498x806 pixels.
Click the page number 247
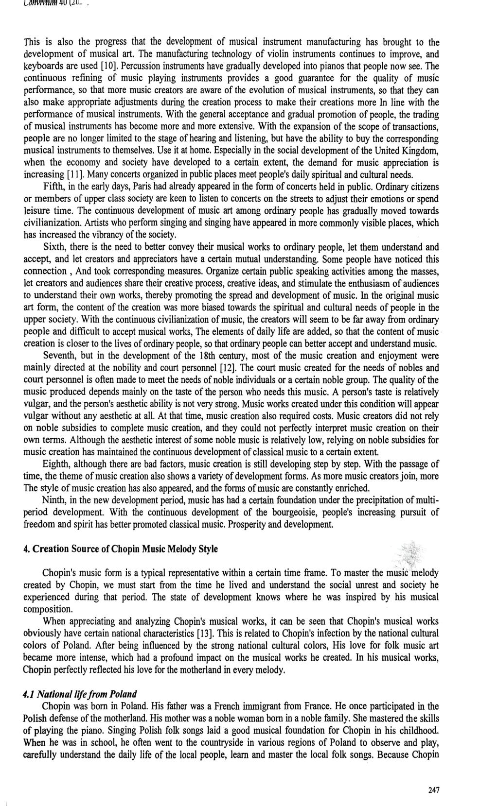434,790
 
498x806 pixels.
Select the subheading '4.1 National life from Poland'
80,693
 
